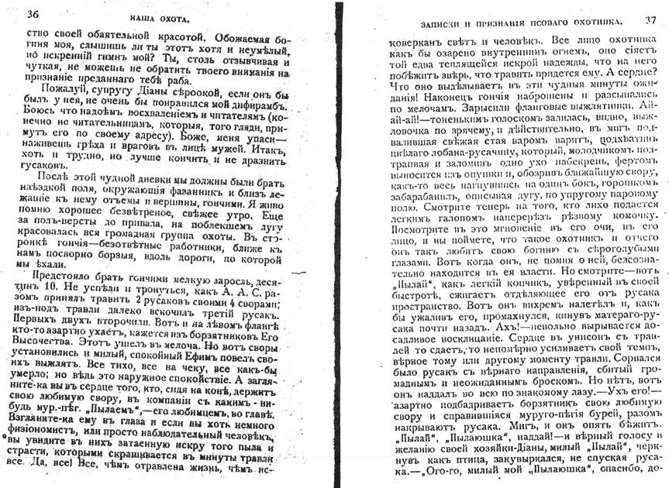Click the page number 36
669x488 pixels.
33,13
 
